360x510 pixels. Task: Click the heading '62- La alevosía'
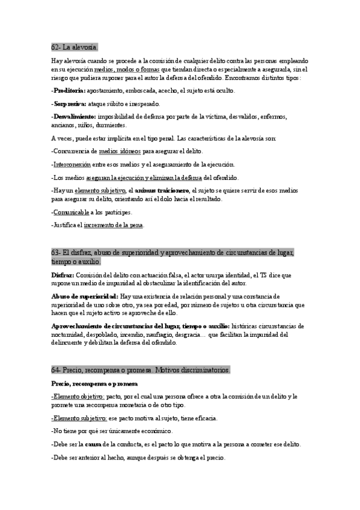pyautogui.click(x=75, y=46)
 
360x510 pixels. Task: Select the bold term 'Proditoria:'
pyautogui.click(x=69, y=91)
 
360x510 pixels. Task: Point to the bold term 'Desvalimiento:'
pyautogui.click(x=73, y=116)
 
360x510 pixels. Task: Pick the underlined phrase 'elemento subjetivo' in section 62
pyautogui.click(x=100, y=190)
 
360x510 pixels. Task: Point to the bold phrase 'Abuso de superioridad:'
pyautogui.click(x=84, y=296)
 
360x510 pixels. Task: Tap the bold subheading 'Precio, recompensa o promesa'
pyautogui.click(x=94, y=383)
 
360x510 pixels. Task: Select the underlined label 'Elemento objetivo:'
pyautogui.click(x=79, y=396)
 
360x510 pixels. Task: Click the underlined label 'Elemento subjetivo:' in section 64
pyautogui.click(x=80, y=418)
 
